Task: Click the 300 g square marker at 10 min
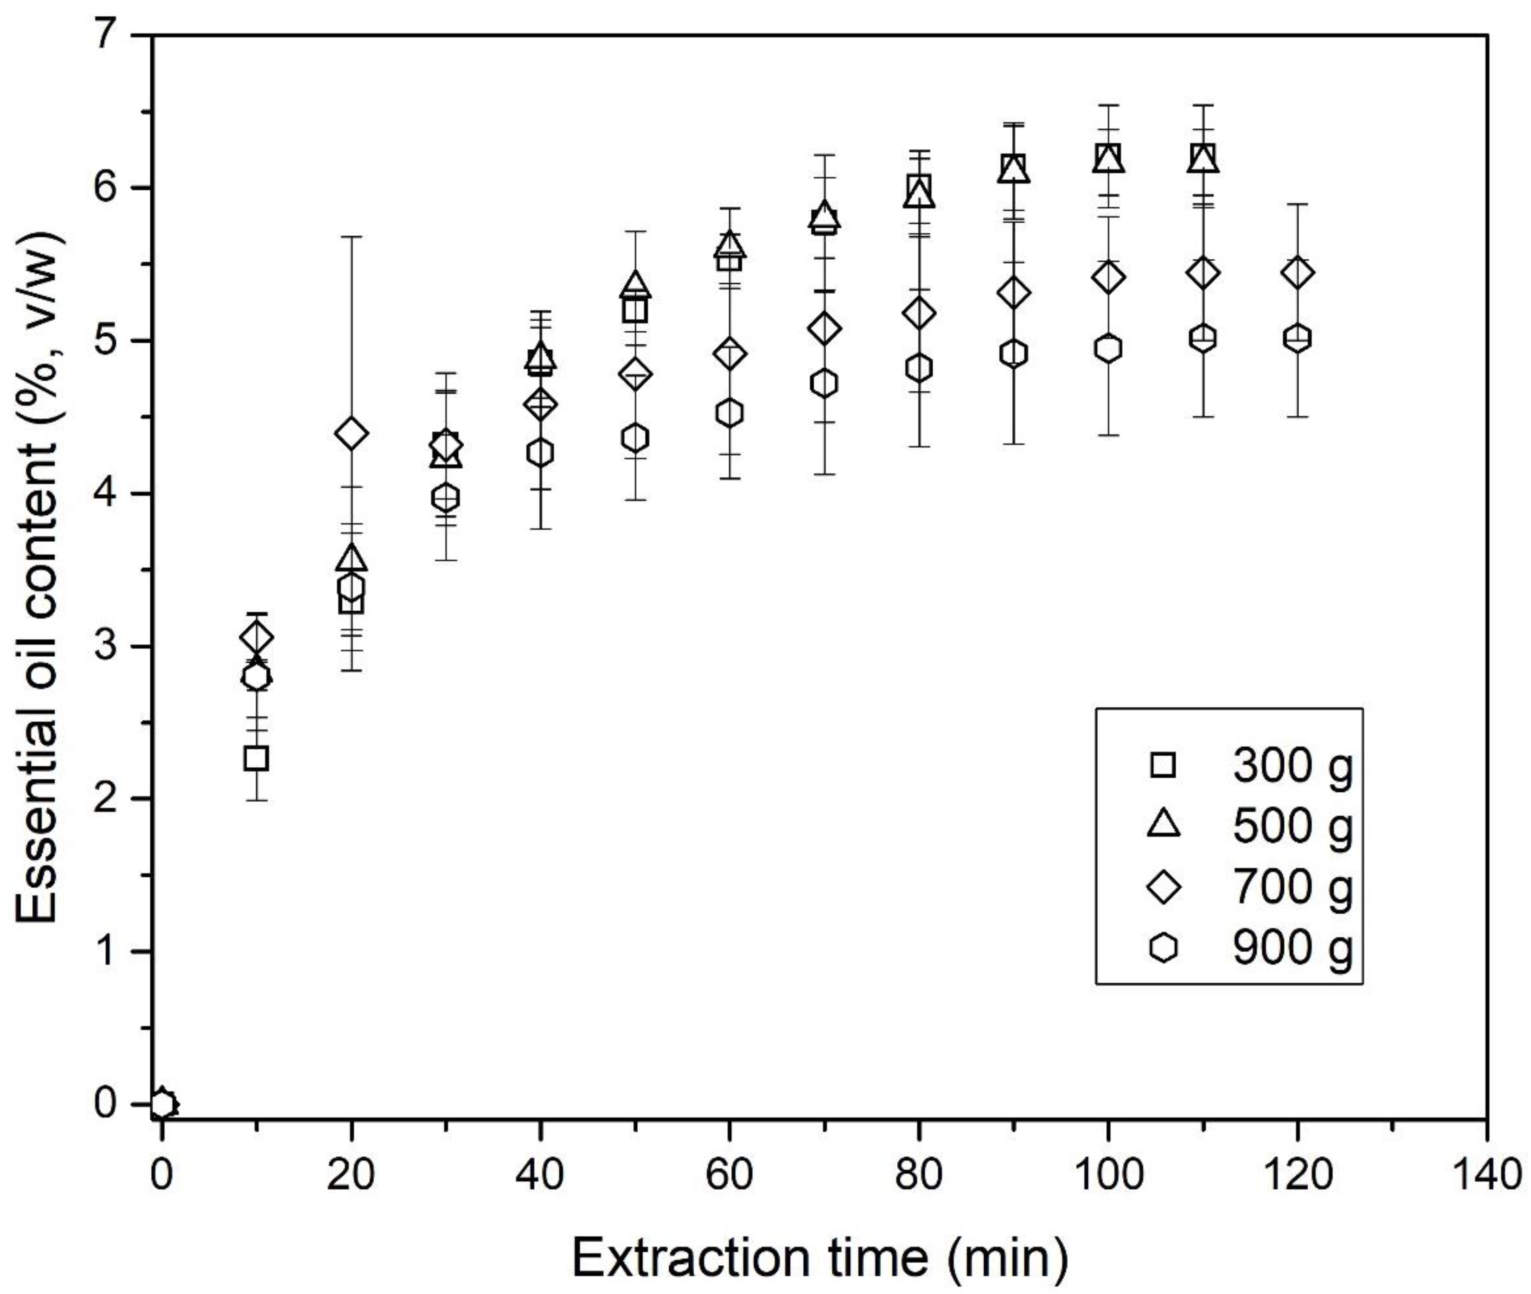click(256, 758)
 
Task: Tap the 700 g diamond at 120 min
click(1297, 273)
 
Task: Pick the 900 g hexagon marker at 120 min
click(1297, 338)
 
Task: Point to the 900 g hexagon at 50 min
click(635, 438)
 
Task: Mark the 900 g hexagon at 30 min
click(446, 498)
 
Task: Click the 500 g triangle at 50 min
click(635, 285)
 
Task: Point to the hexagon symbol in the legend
click(1163, 948)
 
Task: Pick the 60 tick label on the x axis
click(729, 1176)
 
